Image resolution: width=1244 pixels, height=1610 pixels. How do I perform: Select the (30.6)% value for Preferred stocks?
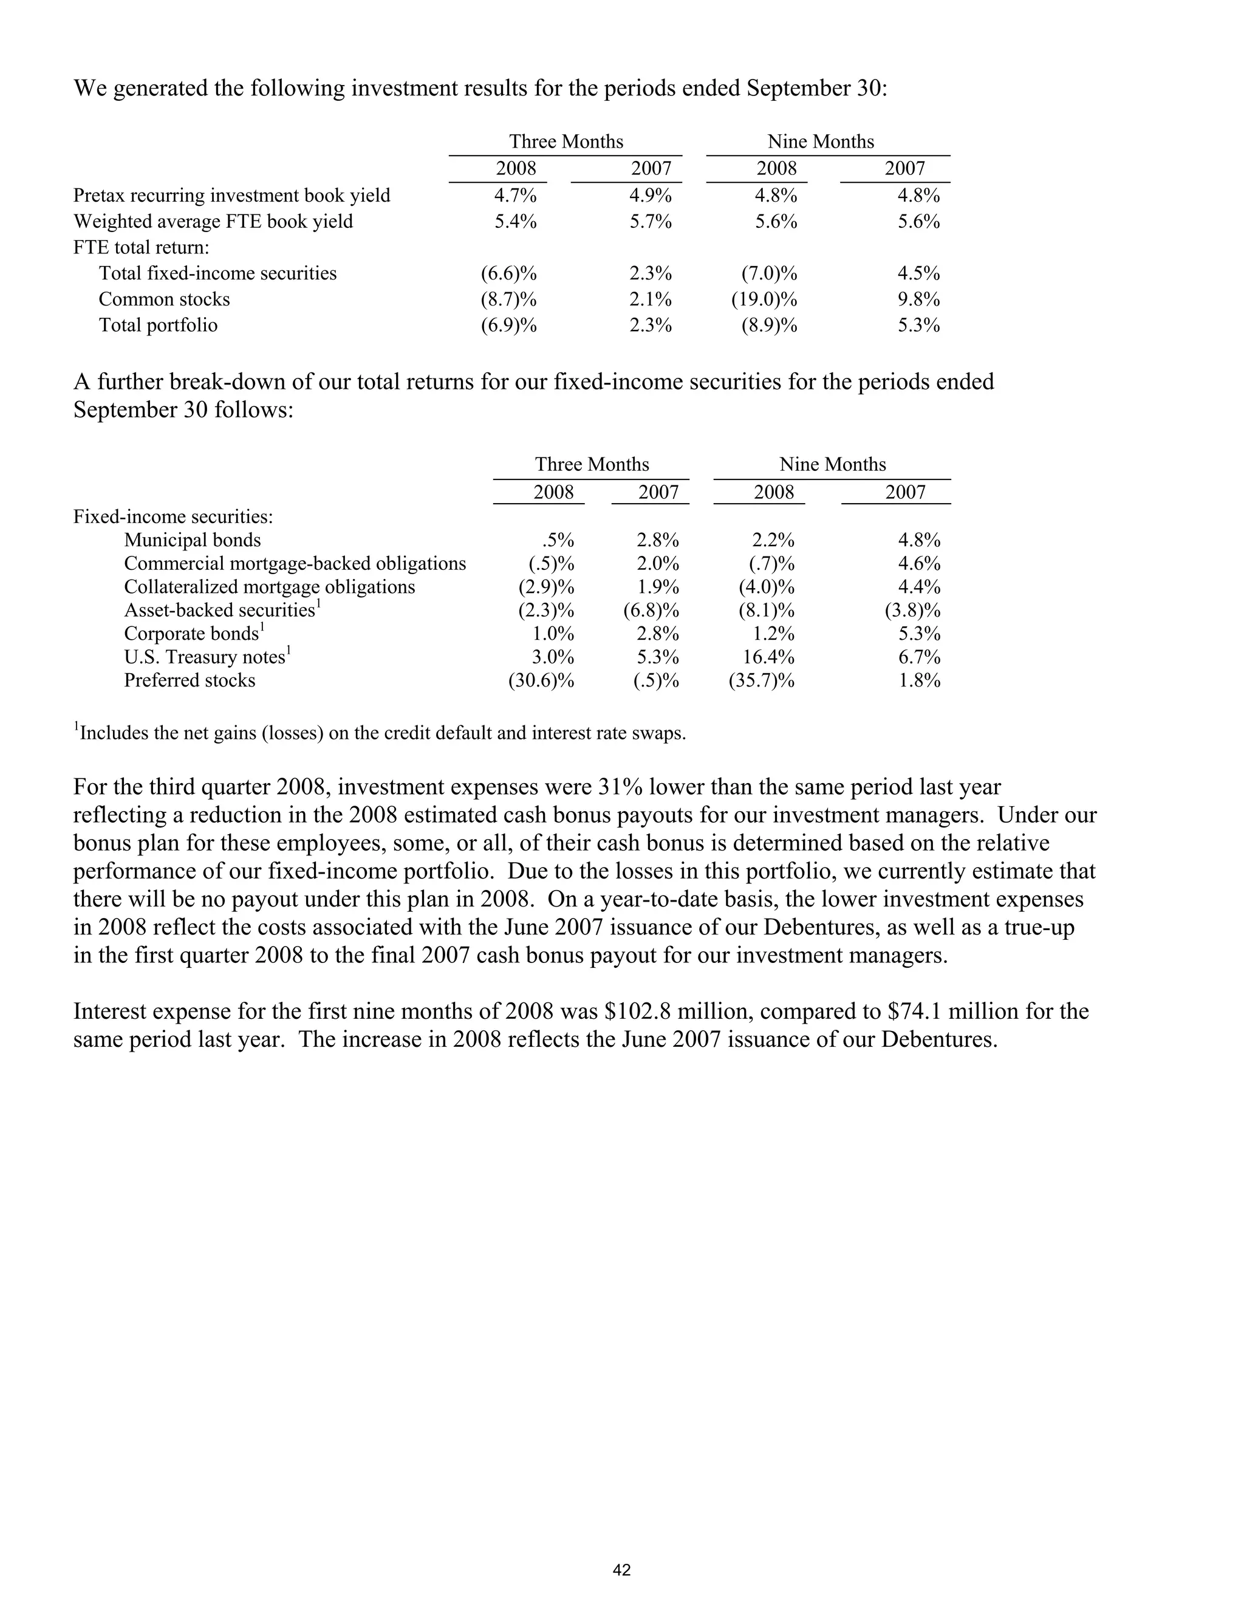coord(541,680)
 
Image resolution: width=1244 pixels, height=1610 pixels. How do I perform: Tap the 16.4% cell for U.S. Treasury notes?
coord(768,657)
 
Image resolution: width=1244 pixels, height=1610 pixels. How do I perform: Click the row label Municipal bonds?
coord(193,540)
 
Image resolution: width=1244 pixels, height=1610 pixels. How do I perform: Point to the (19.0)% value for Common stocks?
coord(764,300)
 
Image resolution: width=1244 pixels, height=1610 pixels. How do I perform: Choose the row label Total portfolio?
coord(159,325)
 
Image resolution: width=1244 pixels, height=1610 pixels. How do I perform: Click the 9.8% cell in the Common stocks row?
coord(918,300)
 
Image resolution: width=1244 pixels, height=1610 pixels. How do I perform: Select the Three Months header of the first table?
coord(566,142)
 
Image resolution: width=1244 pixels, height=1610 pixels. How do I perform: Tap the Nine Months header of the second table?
coord(833,464)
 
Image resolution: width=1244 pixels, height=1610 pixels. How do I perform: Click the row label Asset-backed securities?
coord(220,611)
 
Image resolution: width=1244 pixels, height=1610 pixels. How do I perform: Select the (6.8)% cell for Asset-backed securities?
coord(651,611)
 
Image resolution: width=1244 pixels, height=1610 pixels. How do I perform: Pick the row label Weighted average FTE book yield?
coord(213,222)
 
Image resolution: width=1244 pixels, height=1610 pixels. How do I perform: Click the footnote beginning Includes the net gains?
coord(381,733)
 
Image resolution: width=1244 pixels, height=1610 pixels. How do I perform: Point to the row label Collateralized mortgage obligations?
coord(269,587)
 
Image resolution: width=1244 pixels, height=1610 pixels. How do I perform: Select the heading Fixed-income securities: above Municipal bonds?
coord(173,517)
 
